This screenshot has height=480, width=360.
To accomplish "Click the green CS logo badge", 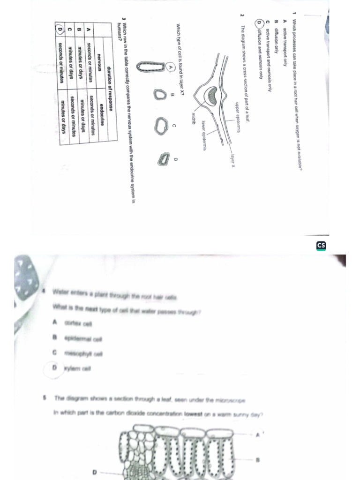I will tap(321, 245).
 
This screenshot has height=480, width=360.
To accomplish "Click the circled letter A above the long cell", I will tap(171, 67).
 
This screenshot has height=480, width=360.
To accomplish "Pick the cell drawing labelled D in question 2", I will tap(163, 159).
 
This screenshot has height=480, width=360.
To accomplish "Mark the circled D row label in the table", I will tap(60, 30).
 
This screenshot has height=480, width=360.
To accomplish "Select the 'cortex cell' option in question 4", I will tap(79, 322).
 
